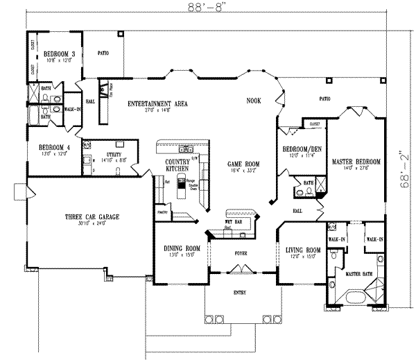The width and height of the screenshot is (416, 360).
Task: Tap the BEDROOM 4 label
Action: tap(53, 147)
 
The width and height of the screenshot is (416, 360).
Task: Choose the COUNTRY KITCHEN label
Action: tap(177, 165)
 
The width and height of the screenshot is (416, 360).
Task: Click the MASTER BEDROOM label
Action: tap(356, 162)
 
